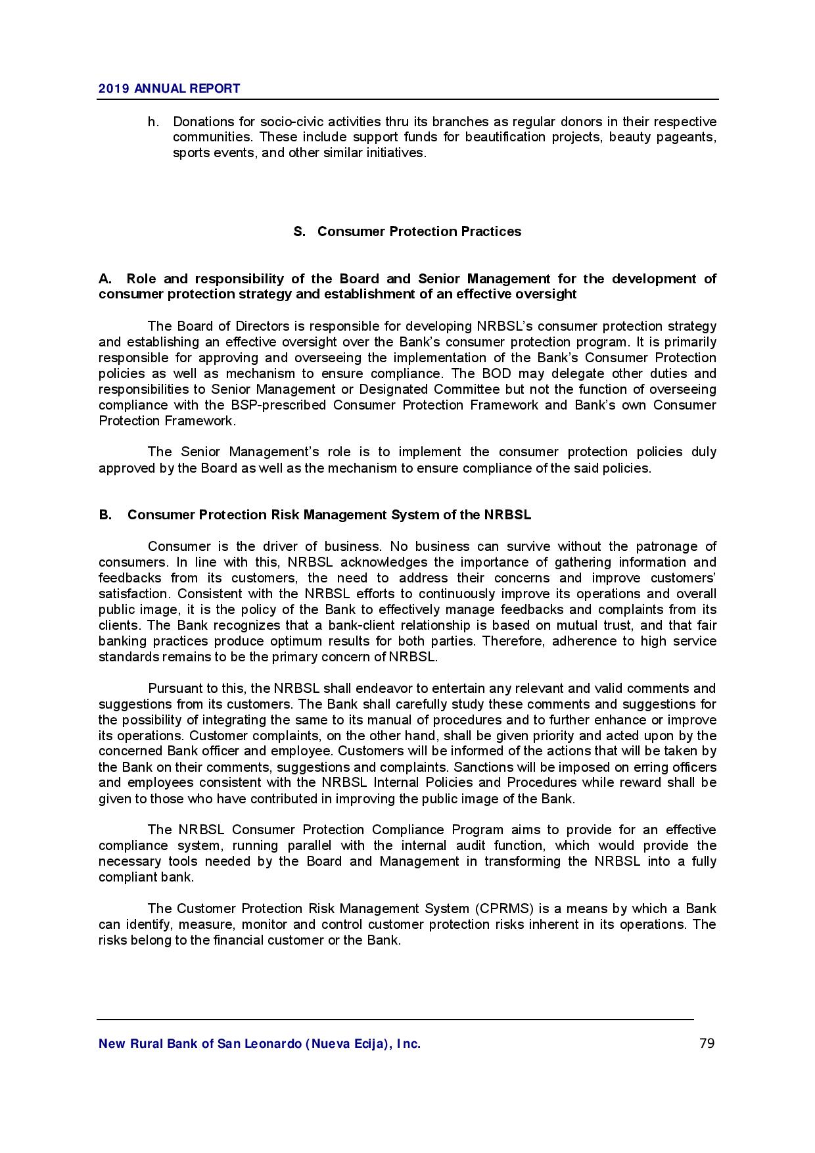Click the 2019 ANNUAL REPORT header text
(169, 88)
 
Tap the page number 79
(707, 1043)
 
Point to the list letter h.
(152, 122)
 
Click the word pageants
(689, 137)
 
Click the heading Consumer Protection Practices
(419, 231)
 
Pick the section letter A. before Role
(105, 279)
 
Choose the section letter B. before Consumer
(105, 515)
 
